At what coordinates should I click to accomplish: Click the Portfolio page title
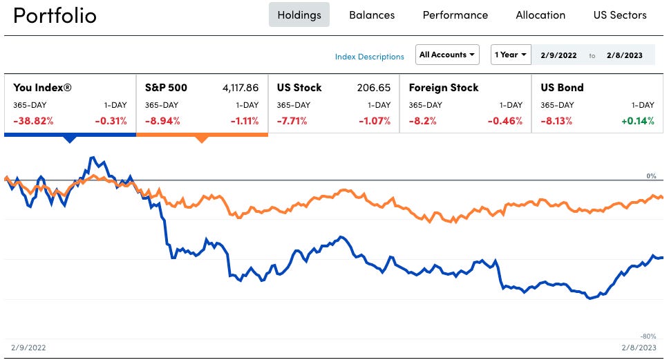pos(55,16)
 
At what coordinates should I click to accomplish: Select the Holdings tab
pos(299,15)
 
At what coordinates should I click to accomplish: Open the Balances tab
pos(372,15)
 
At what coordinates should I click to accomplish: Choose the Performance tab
pos(455,15)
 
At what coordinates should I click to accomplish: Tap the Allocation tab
pos(540,15)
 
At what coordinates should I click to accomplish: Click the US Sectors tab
pos(620,15)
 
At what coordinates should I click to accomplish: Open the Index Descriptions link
pos(370,57)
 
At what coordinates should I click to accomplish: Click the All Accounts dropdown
pos(448,55)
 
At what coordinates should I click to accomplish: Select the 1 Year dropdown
pos(511,55)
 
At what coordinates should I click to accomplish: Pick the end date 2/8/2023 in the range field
pos(624,55)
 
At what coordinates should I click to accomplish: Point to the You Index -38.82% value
pos(32,121)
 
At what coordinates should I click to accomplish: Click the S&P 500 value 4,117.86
pos(241,88)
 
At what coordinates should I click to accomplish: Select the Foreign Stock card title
pos(444,88)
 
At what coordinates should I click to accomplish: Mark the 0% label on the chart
pos(651,176)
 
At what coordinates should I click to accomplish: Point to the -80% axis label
pos(649,336)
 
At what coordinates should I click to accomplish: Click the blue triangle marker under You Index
pos(69,139)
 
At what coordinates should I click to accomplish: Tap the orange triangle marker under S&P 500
pos(201,139)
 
